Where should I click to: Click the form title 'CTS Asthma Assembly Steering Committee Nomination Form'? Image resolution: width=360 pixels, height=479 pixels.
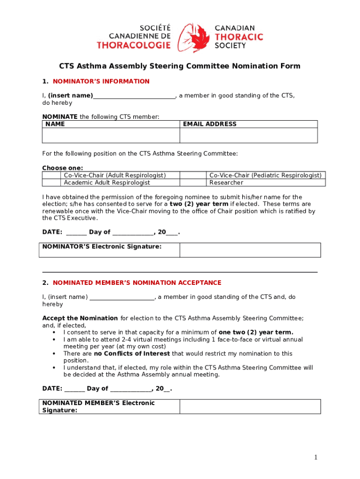(x=180, y=66)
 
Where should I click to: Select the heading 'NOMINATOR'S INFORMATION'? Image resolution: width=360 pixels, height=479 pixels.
(x=101, y=81)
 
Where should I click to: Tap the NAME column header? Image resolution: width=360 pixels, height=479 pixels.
(x=55, y=124)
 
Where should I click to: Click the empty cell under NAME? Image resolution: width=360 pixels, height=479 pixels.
(x=111, y=135)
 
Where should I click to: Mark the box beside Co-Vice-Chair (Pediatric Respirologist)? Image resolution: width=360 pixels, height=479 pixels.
(x=194, y=175)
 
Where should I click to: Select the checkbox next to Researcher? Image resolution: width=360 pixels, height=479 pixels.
(x=194, y=182)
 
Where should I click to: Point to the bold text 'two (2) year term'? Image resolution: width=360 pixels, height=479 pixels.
(x=199, y=204)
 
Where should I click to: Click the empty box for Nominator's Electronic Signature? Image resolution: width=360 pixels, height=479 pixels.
(x=250, y=250)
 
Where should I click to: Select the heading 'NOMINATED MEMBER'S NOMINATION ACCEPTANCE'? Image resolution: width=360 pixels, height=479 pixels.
(x=137, y=283)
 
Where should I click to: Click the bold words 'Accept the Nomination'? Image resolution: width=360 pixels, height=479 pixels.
(x=80, y=318)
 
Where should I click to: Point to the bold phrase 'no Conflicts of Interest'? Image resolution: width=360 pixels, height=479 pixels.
(x=132, y=354)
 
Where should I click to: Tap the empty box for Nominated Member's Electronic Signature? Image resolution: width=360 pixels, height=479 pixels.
(x=250, y=406)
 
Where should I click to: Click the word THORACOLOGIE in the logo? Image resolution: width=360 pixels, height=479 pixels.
(x=134, y=45)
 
